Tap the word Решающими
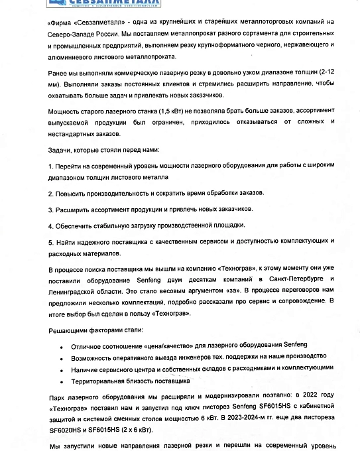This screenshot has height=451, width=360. click(x=68, y=330)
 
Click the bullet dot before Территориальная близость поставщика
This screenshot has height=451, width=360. click(x=61, y=381)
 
